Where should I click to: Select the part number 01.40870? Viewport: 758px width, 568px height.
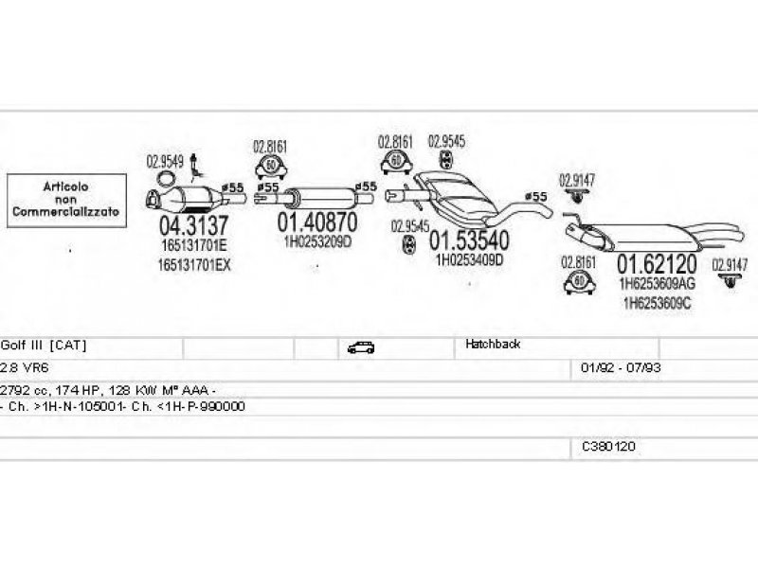pyautogui.click(x=317, y=222)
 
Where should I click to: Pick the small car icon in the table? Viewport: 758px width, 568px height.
pyautogui.click(x=360, y=347)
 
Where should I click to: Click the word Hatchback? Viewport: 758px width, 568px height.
pyautogui.click(x=493, y=345)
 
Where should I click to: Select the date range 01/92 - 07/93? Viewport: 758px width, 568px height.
pyautogui.click(x=613, y=365)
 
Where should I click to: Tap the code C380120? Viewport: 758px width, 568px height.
pyautogui.click(x=608, y=444)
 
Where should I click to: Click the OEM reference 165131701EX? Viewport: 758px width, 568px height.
pyautogui.click(x=194, y=264)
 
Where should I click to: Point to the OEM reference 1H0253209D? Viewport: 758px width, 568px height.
pyautogui.click(x=317, y=241)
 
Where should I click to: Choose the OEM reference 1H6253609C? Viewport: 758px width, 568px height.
pyautogui.click(x=656, y=303)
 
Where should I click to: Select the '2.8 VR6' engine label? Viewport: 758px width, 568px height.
pyautogui.click(x=21, y=365)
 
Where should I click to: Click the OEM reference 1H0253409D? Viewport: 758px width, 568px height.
pyautogui.click(x=468, y=258)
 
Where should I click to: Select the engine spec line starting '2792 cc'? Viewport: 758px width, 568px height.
pyautogui.click(x=108, y=389)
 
